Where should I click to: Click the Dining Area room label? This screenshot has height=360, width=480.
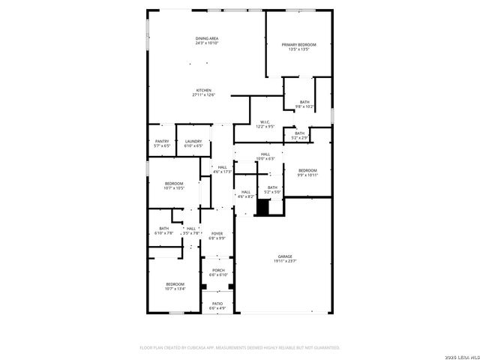(x=207, y=38)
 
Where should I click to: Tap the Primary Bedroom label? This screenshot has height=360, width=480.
(x=299, y=45)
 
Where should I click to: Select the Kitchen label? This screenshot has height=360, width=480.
(x=203, y=90)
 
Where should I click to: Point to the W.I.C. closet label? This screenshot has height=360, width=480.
(x=265, y=122)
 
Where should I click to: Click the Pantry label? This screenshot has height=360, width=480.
(x=162, y=141)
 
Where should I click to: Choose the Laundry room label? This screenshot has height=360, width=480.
(x=193, y=141)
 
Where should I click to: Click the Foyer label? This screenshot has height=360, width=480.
(x=217, y=234)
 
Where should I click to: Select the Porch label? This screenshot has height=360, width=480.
(x=218, y=270)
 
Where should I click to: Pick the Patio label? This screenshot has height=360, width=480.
(x=217, y=304)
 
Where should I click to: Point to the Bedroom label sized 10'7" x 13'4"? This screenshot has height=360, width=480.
(x=175, y=284)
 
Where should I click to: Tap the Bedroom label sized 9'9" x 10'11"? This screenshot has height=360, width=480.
(x=307, y=171)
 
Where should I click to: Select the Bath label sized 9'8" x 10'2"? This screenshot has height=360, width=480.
(x=304, y=102)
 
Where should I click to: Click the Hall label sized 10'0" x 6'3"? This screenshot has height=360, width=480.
(x=265, y=154)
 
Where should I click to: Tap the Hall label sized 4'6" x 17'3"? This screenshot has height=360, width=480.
(x=222, y=167)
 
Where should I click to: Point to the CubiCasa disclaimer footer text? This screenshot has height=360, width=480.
(x=240, y=347)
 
